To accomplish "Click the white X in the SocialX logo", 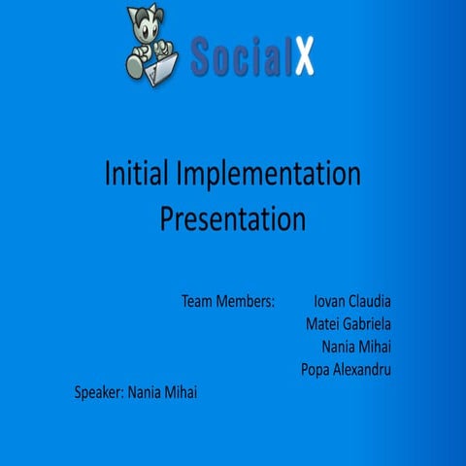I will click(303, 54).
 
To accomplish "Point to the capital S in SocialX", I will click(203, 54).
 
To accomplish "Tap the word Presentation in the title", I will click(233, 218).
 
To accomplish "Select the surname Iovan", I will click(332, 301).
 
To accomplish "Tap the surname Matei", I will click(324, 323).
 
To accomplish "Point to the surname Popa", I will click(316, 369).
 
